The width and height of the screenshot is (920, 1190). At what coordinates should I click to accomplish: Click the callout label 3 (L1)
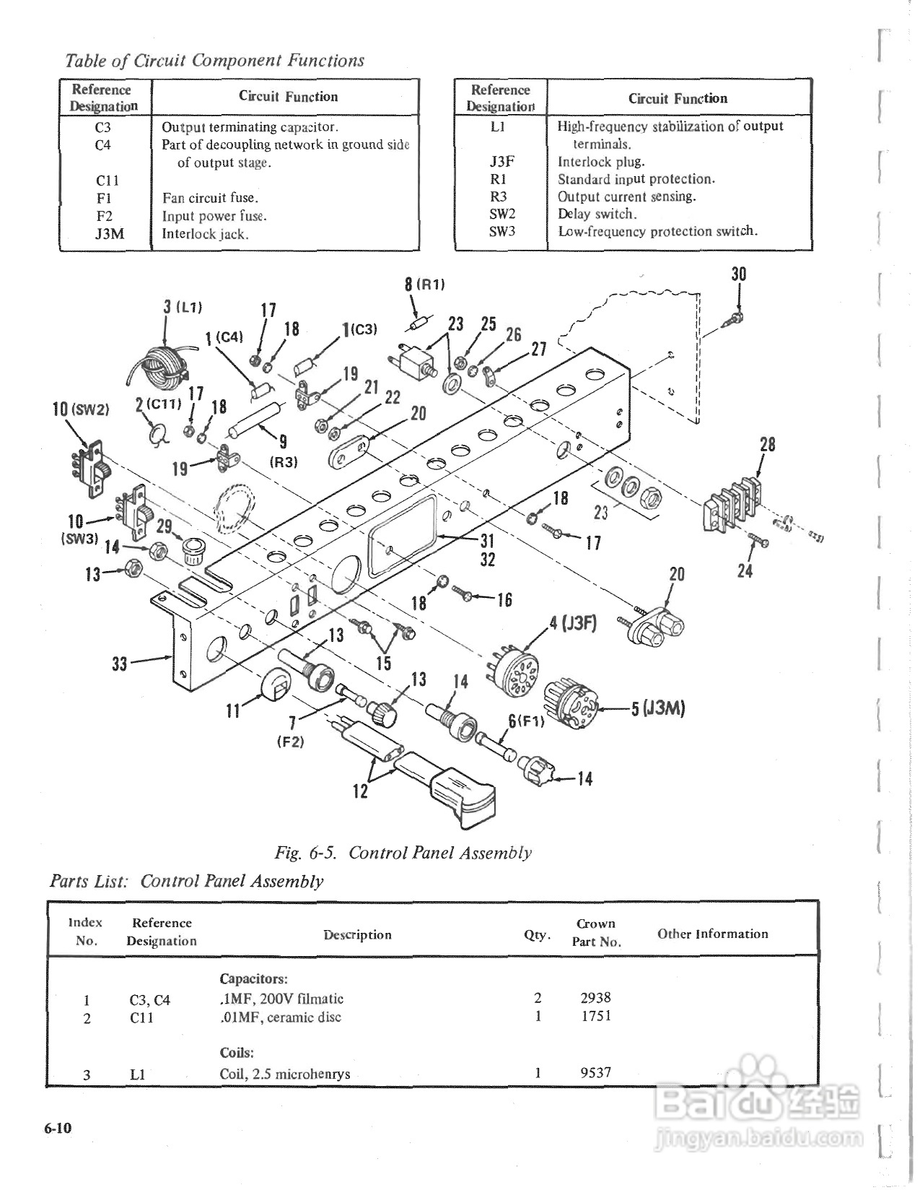182,307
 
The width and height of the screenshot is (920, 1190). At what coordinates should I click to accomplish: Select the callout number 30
739,274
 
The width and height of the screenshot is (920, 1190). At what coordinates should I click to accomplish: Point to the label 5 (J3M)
657,708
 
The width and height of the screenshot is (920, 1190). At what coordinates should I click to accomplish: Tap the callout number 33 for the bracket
119,663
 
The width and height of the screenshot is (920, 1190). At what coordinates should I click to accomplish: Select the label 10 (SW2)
80,409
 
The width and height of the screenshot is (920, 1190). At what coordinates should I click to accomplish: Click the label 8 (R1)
424,284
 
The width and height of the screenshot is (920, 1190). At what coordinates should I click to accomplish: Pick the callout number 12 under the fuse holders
360,791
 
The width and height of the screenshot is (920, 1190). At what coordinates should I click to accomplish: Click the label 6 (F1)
525,721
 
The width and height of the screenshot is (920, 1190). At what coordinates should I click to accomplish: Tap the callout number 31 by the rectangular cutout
487,540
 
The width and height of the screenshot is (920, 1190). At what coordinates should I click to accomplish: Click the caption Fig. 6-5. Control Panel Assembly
403,853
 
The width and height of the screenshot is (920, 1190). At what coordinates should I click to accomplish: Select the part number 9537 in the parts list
596,1072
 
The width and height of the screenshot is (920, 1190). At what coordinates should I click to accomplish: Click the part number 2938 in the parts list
595,997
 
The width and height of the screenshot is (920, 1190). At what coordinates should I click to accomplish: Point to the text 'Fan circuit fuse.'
210,198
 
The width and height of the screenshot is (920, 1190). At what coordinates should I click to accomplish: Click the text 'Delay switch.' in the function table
597,214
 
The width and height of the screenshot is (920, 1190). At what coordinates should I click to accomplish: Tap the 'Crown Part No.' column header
596,932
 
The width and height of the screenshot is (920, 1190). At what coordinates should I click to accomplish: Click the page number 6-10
58,1129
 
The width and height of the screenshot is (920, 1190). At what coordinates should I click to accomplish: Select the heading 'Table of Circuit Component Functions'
214,61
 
